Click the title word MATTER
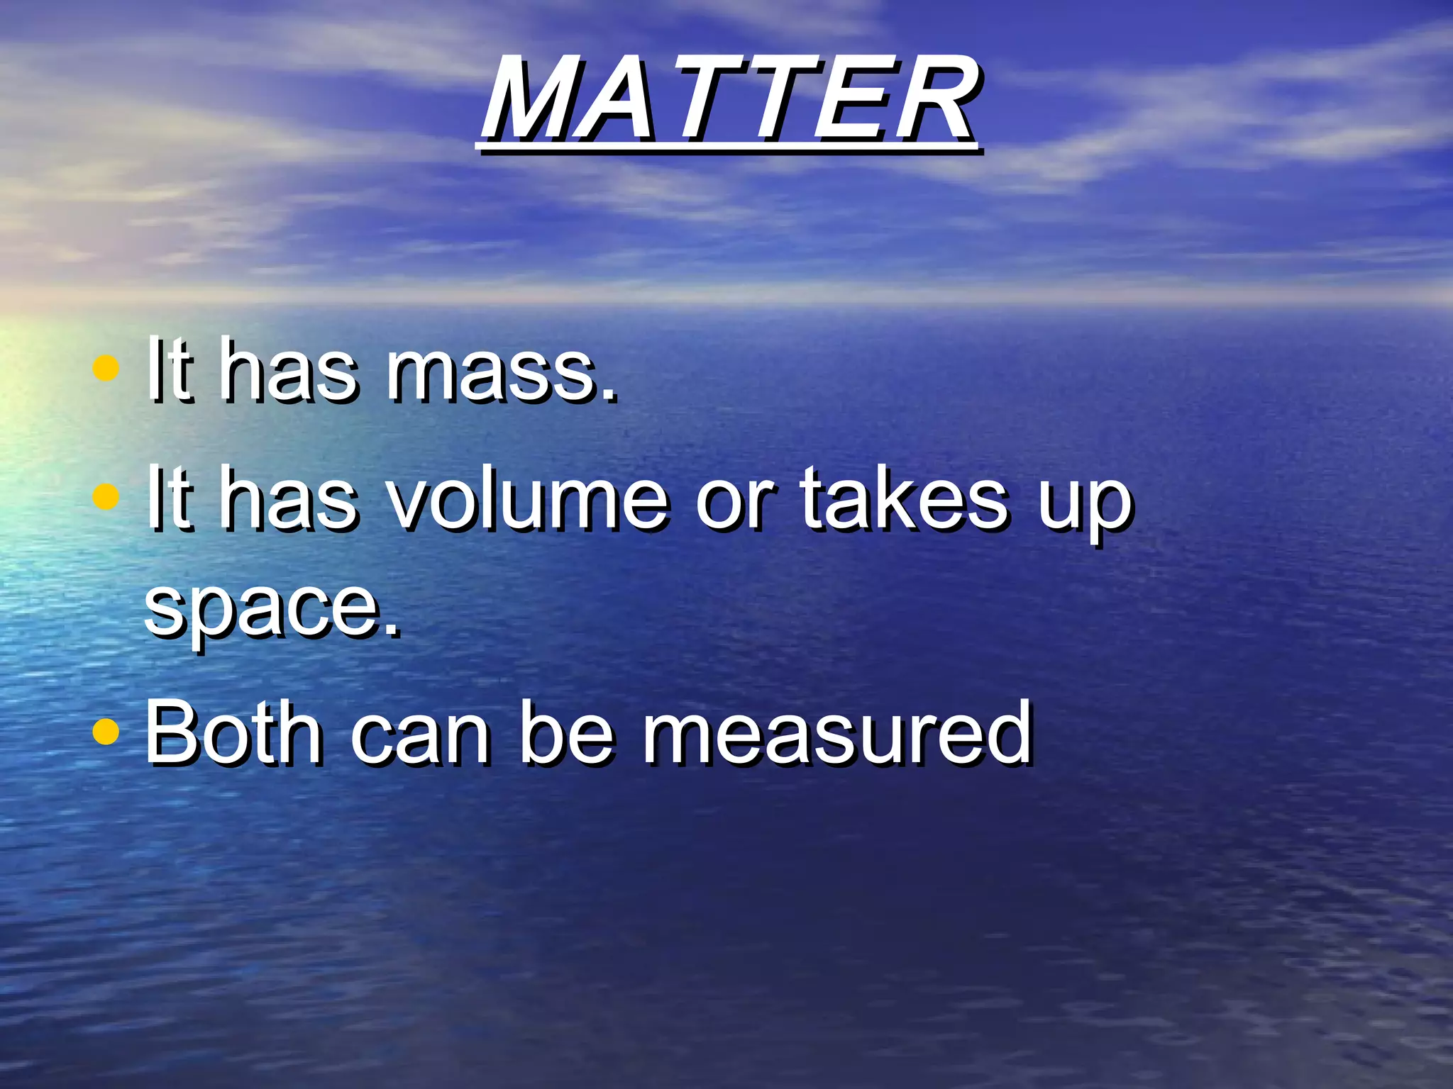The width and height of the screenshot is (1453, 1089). (x=729, y=99)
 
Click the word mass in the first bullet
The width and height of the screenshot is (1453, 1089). (x=500, y=372)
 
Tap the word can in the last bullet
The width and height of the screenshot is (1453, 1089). (x=420, y=734)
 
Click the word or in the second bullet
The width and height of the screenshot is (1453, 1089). (x=734, y=500)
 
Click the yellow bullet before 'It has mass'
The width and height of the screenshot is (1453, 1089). (x=105, y=369)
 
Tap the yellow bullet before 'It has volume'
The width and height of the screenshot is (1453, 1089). (x=105, y=496)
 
